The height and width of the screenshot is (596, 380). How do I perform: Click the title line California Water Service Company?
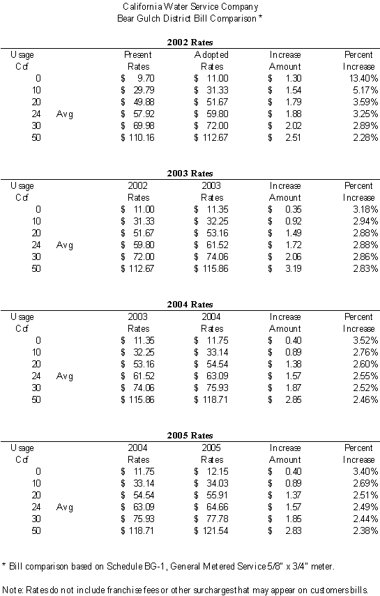coord(190,6)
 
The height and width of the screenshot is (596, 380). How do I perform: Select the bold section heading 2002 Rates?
coord(190,43)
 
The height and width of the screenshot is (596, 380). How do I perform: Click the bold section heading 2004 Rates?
coord(190,305)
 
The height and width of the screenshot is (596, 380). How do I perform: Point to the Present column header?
coord(138,55)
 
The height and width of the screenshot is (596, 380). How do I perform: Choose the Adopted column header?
coord(211,55)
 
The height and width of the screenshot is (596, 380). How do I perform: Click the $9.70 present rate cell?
coord(137,78)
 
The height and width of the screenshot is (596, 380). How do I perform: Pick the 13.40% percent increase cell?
coord(364,78)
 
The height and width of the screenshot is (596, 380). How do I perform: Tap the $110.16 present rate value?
coord(137,137)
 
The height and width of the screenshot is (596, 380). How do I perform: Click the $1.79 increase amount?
coord(284,102)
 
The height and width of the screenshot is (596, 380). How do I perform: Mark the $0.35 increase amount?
coord(284,209)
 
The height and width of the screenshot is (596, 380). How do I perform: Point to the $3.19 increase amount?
coord(284,269)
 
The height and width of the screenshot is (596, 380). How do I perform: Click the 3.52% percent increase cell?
coord(365,341)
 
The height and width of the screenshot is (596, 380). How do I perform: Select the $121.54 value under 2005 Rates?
coord(211,531)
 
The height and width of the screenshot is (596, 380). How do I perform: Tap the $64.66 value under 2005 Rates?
coord(211,507)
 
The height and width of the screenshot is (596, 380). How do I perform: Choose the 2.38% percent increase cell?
coord(365,531)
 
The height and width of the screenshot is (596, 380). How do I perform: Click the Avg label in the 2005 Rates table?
coord(65,507)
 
